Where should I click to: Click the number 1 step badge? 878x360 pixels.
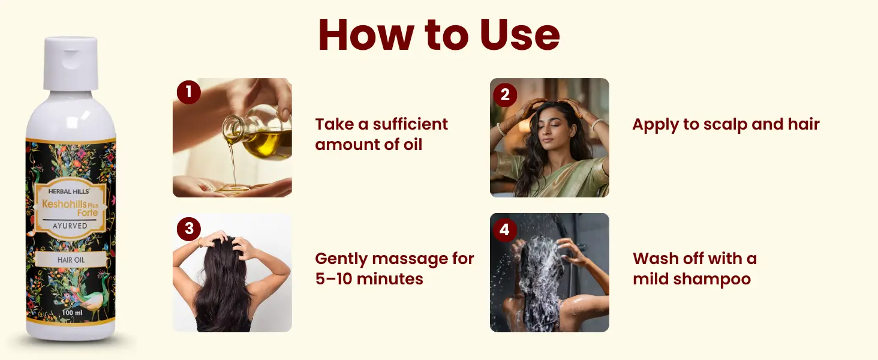pos(188,92)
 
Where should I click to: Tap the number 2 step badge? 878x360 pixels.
pos(505,95)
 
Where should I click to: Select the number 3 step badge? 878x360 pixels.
pos(189,229)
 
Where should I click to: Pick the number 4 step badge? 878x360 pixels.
pos(505,229)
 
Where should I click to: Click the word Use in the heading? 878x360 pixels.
pos(519,35)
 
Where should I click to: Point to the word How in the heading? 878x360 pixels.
pos(366,35)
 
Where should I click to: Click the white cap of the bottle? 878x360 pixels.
pos(71,63)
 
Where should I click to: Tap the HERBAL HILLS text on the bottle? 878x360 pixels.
pos(68,191)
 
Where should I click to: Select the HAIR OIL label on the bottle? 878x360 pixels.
pos(71,260)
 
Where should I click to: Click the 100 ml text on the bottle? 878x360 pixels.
pos(72,313)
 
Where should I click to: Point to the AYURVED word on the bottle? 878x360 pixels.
pos(70,226)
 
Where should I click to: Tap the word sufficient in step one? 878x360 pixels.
pos(410,124)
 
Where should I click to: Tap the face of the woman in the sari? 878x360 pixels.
pos(551,125)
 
